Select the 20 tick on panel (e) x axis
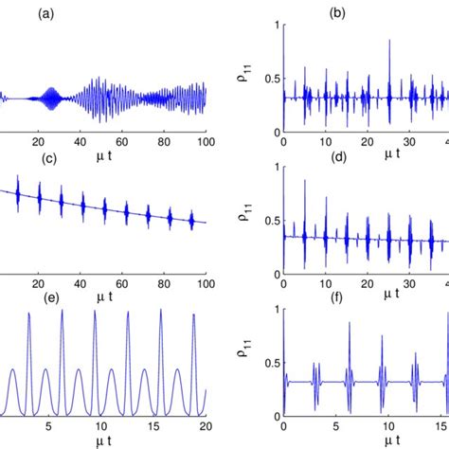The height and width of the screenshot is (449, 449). pyautogui.click(x=206, y=426)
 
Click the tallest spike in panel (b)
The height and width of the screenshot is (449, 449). pyautogui.click(x=388, y=41)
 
